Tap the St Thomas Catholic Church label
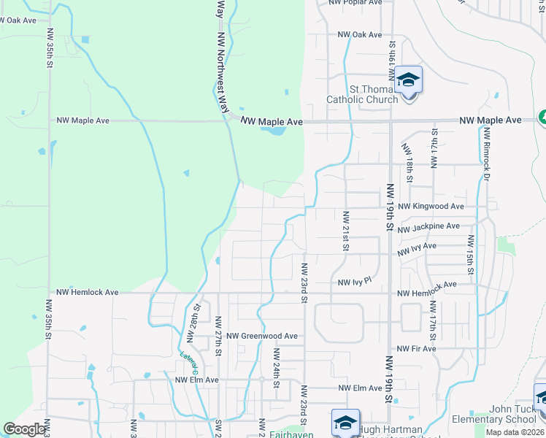pyautogui.click(x=361, y=94)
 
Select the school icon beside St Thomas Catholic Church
pyautogui.click(x=409, y=80)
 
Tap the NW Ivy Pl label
pyautogui.click(x=355, y=281)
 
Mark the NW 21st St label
pyautogui.click(x=345, y=229)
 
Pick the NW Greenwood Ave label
pyautogui.click(x=262, y=336)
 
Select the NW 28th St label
pyautogui.click(x=193, y=325)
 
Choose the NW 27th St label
pyautogui.click(x=218, y=336)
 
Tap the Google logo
pyautogui.click(x=25, y=429)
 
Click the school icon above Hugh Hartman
pyautogui.click(x=345, y=422)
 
